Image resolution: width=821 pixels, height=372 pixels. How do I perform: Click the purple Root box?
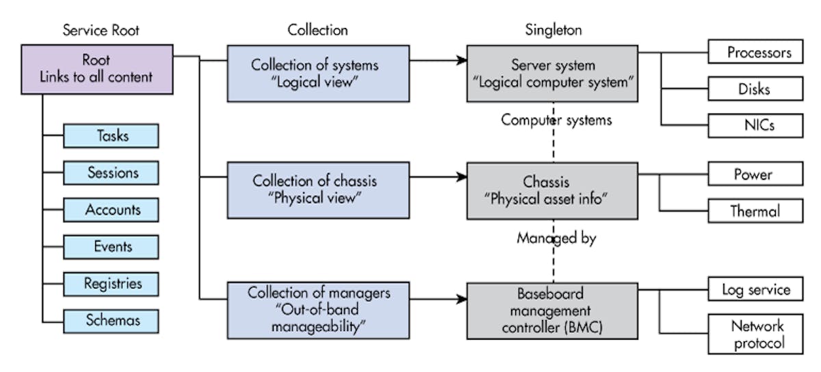tap(97, 69)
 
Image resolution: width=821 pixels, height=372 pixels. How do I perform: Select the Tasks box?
tap(111, 136)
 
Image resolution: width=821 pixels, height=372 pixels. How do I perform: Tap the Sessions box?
tap(111, 173)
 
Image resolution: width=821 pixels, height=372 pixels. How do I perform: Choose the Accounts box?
tap(111, 210)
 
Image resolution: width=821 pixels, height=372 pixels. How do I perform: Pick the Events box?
tap(111, 247)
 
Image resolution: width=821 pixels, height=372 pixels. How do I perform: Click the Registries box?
tap(111, 284)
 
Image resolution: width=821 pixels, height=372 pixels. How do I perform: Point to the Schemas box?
tap(111, 321)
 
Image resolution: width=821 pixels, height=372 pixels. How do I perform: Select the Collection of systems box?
tap(318, 74)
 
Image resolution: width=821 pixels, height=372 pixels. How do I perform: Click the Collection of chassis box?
tap(318, 190)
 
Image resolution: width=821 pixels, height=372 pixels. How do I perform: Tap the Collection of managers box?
tap(318, 310)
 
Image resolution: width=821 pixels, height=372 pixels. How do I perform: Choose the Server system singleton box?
tap(552, 74)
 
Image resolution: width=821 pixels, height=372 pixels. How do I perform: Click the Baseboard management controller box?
tap(552, 310)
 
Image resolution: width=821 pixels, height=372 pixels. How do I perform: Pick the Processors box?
tap(755, 52)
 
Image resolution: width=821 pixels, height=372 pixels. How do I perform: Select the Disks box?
tap(755, 89)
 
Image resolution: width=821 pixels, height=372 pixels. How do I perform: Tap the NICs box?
tap(755, 125)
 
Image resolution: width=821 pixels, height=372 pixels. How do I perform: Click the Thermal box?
tap(755, 211)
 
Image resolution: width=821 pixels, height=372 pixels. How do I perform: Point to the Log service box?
tap(755, 289)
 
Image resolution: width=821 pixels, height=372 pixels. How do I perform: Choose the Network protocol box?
tap(755, 334)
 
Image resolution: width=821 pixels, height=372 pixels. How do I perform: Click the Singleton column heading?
tap(551, 30)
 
